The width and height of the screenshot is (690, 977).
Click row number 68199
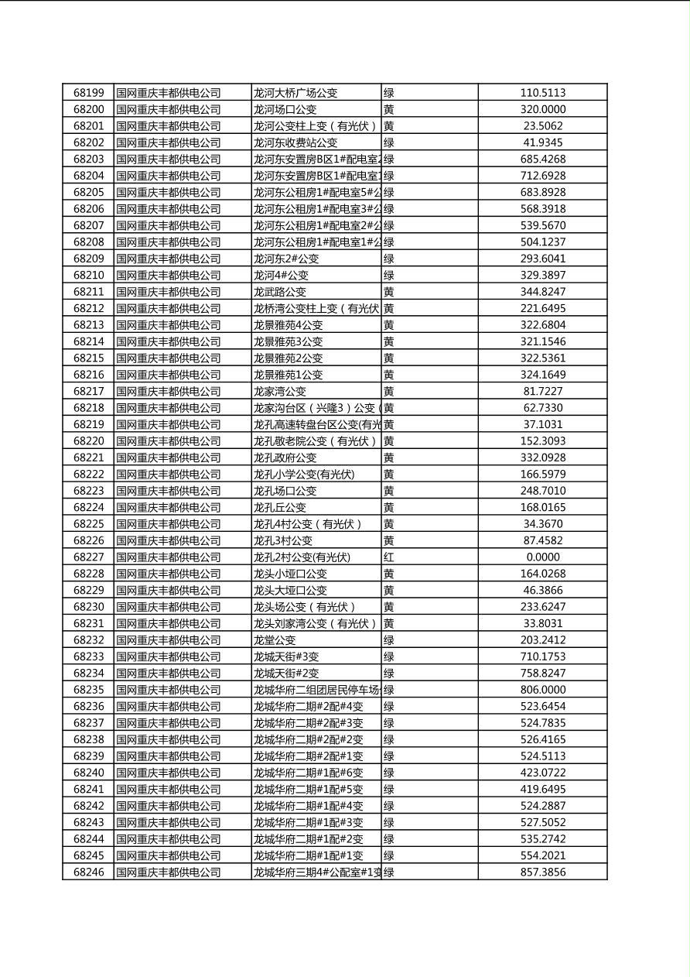click(x=88, y=93)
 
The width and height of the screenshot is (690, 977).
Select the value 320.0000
click(x=542, y=110)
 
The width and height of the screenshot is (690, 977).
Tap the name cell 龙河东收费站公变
click(x=295, y=142)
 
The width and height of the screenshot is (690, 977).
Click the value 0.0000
click(x=542, y=557)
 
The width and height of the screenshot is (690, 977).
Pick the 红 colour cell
click(x=389, y=557)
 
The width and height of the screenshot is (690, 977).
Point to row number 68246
click(x=88, y=872)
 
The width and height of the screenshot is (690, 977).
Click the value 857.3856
click(x=542, y=872)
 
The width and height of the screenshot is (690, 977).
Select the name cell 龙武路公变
click(x=280, y=292)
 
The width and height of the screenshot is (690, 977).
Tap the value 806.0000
click(x=542, y=690)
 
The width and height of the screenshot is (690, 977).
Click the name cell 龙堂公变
click(x=275, y=640)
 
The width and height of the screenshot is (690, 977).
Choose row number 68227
click(x=88, y=557)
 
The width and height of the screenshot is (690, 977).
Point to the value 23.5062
click(x=542, y=126)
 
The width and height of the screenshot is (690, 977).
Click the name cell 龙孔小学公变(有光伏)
click(x=304, y=475)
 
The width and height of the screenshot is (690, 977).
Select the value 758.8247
click(x=542, y=674)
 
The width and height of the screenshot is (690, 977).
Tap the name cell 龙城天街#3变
click(x=286, y=656)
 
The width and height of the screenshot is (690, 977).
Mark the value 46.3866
click(x=542, y=591)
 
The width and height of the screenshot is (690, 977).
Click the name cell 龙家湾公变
click(x=280, y=392)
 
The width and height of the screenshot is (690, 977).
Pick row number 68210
click(x=88, y=276)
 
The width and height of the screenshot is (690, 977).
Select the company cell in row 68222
click(x=169, y=475)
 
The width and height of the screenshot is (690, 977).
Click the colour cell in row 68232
click(x=389, y=640)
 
